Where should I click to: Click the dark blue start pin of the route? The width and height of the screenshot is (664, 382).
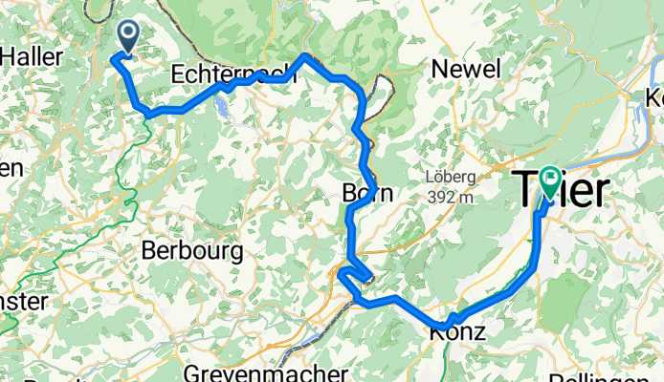pos(126,36)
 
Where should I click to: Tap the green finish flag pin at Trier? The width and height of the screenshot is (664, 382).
pos(550,179)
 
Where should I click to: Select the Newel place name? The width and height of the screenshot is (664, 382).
pos(466,69)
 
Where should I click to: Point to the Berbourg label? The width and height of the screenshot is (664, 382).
pos(191,251)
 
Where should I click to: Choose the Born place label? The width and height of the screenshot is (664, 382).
pos(367,193)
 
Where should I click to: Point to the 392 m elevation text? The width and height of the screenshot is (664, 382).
pos(450,197)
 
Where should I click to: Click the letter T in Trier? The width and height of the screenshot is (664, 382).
pos(527,190)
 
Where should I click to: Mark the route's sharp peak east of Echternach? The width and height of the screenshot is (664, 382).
pos(304,56)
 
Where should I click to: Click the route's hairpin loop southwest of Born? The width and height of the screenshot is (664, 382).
pos(360,277)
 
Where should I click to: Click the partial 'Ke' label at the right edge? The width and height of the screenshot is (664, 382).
pos(653,97)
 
